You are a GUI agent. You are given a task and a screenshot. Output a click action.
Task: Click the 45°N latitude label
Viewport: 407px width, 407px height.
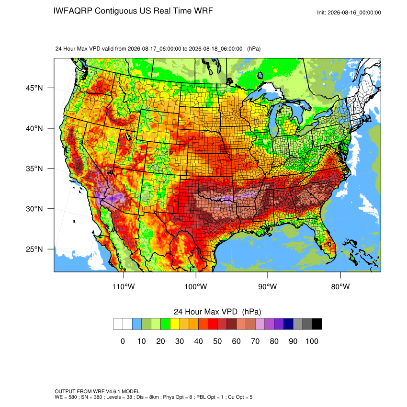(34, 88)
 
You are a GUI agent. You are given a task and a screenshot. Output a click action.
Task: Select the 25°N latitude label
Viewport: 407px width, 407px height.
(34, 249)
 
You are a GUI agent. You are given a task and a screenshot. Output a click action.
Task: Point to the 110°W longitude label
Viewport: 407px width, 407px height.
(124, 286)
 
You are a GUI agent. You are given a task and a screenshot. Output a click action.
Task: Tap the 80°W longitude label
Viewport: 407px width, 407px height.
(340, 286)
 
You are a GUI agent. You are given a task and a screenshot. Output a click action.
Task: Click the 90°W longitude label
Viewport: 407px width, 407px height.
(267, 286)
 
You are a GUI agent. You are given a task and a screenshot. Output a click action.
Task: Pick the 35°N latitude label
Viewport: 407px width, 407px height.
(34, 169)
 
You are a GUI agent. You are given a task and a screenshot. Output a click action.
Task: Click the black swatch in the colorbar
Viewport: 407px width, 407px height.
(317, 324)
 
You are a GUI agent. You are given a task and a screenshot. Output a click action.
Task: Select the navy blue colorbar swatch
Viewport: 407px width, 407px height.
(288, 324)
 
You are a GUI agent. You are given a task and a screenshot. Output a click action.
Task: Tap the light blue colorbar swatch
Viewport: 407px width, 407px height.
(137, 324)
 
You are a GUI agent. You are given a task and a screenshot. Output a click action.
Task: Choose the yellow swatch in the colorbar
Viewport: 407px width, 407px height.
(175, 324)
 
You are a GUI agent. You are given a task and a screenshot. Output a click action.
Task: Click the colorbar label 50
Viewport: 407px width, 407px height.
(217, 341)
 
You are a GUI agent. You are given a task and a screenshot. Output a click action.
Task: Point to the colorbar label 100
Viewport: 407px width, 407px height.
(312, 341)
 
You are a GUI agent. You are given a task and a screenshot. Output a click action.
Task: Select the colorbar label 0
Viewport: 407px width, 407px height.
(123, 341)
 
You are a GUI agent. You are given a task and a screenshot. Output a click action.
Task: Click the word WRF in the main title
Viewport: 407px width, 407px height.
(205, 11)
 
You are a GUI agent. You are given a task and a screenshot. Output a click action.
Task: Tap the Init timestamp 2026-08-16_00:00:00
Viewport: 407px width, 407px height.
(354, 12)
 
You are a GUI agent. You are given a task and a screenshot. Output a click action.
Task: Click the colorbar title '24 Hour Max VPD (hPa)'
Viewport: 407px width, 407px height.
(217, 312)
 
